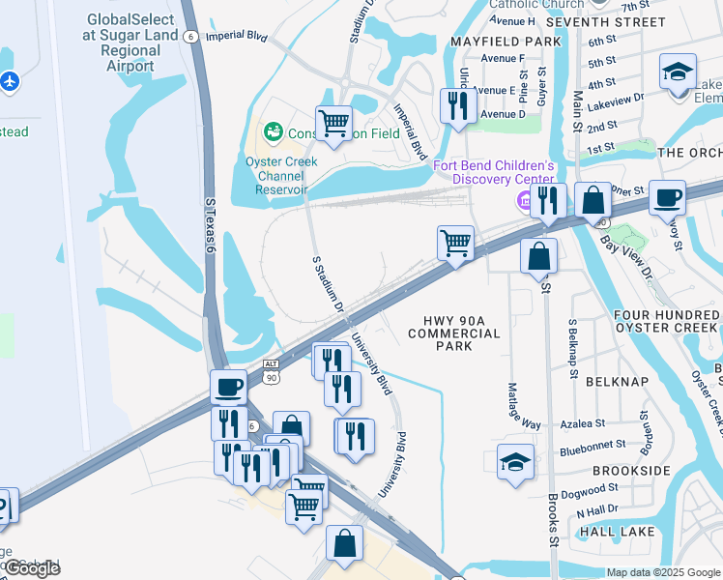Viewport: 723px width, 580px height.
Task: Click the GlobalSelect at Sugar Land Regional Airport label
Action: [131, 43]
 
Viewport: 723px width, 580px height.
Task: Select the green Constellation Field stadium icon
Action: [273, 131]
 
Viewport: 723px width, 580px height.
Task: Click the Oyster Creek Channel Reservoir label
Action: [281, 176]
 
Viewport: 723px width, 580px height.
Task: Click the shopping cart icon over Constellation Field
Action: [333, 123]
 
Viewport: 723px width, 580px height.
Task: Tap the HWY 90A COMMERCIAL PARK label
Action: [453, 333]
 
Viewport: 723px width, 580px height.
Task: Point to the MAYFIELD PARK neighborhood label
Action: [505, 42]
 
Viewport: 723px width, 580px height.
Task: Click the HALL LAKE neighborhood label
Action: [616, 532]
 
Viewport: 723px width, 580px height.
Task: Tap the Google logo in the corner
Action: [31, 568]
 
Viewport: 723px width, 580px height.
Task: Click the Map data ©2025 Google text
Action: [663, 572]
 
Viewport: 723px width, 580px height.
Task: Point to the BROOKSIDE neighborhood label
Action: [630, 470]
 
